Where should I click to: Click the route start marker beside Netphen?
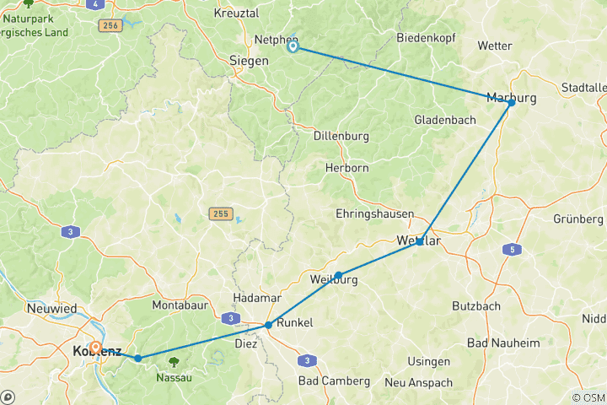click(x=293, y=47)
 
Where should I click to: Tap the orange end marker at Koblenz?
click(x=96, y=348)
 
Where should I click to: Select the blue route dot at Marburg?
click(x=511, y=102)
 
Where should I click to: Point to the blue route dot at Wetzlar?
click(x=419, y=242)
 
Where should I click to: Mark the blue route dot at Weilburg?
click(x=338, y=275)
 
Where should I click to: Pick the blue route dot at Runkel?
click(x=268, y=325)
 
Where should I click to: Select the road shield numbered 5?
click(x=510, y=250)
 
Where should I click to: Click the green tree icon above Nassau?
click(x=174, y=362)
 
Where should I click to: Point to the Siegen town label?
click(x=249, y=61)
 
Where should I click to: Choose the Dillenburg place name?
click(x=342, y=135)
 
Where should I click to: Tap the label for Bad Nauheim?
click(x=503, y=343)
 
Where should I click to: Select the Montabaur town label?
click(x=181, y=304)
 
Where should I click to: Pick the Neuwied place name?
click(x=50, y=309)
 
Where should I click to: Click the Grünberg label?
click(x=578, y=219)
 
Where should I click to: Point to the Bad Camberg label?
click(x=334, y=381)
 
